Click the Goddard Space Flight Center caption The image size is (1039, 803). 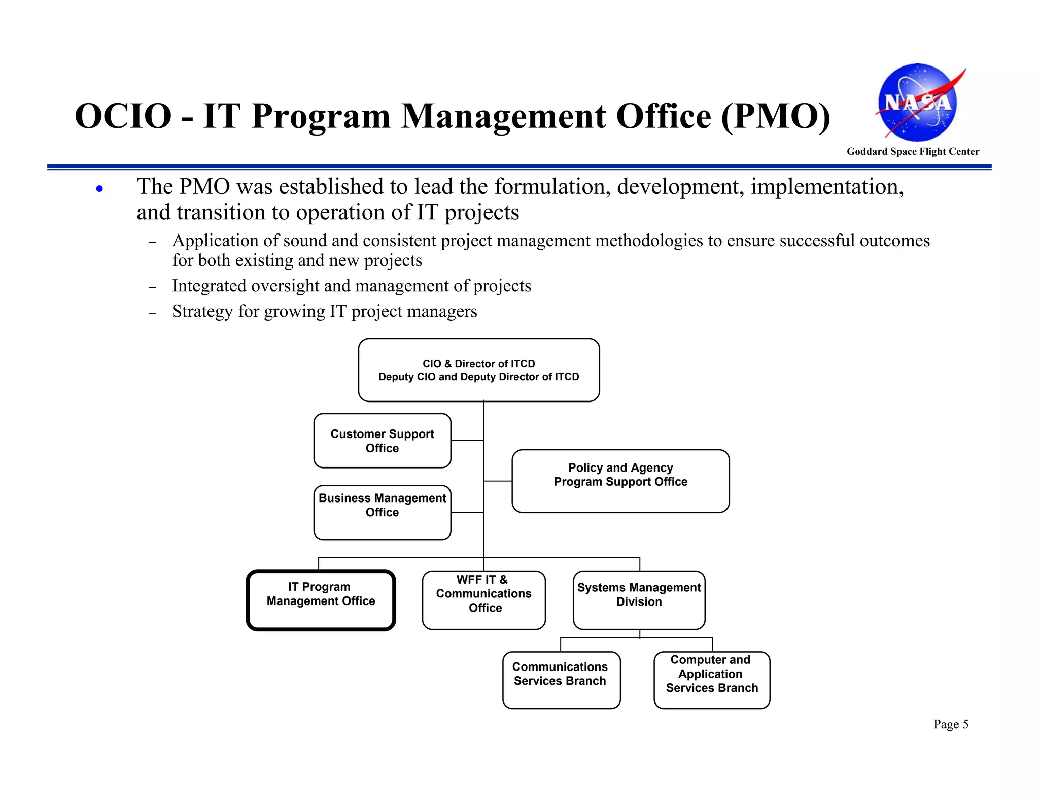(913, 151)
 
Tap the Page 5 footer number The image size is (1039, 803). (951, 724)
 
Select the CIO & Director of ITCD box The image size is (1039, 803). (478, 370)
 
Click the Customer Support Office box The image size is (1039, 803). (382, 441)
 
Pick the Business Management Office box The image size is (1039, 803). (382, 512)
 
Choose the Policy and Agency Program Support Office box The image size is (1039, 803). (620, 481)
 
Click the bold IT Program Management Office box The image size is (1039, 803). (321, 600)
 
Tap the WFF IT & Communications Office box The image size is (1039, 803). (483, 600)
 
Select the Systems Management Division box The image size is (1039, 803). (639, 600)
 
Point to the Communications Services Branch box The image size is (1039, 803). (561, 680)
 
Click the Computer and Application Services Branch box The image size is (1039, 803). (711, 680)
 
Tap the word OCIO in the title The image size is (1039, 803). (123, 116)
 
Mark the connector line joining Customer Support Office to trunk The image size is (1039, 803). (467, 441)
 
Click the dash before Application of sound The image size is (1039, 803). (152, 243)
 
